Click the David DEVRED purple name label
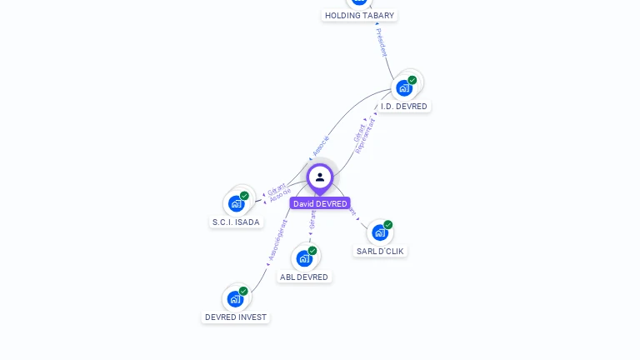point(320,203)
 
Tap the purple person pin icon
point(320,177)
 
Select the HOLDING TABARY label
point(359,16)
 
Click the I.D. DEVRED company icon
point(405,87)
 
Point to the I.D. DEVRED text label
point(404,107)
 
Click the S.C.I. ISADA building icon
point(237,202)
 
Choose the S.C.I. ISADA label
point(236,222)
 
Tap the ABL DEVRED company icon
point(305,257)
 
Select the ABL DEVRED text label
point(304,277)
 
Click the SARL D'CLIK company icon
point(380,232)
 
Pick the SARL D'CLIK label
point(381,251)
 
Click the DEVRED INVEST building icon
point(236,298)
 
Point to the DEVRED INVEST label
point(236,317)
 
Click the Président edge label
point(382,42)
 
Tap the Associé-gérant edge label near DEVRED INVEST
point(277,240)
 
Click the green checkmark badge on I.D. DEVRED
point(412,80)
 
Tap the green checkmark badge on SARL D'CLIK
point(388,225)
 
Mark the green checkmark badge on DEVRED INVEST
point(243,292)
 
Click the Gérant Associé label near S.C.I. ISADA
point(278,192)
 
